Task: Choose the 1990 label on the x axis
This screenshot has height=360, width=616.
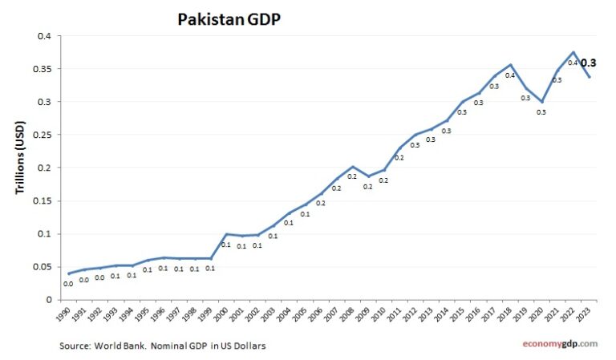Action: [x=66, y=315]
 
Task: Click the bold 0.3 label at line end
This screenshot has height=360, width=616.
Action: [x=588, y=63]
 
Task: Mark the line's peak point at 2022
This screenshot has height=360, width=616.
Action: [x=573, y=52]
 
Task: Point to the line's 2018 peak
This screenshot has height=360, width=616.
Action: [x=510, y=64]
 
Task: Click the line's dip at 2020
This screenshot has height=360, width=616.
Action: [x=541, y=102]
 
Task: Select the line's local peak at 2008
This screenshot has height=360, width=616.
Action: [x=352, y=167]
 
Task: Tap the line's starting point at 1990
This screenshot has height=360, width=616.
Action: [x=69, y=273]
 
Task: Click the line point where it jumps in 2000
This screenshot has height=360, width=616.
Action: [x=226, y=234]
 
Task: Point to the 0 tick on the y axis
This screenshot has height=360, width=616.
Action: [x=49, y=299]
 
